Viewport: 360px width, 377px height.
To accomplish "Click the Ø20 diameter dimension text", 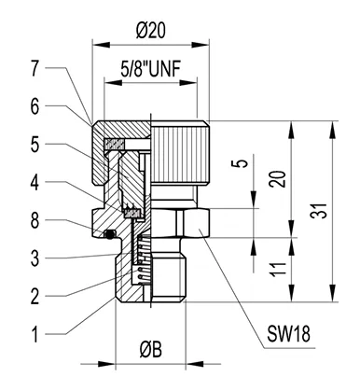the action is point(151,31).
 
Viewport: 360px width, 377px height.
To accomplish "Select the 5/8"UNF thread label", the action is point(151,69).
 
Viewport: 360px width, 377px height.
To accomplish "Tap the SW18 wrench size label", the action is point(288,334).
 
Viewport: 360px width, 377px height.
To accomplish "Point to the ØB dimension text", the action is point(151,350).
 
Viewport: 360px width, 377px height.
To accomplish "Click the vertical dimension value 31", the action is point(320,211).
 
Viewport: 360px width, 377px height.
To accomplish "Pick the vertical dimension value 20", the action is point(277,178).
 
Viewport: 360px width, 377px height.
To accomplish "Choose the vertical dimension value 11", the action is point(277,270).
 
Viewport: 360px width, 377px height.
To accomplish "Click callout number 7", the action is point(35,68).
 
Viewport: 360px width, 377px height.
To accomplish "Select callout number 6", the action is point(35,106).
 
